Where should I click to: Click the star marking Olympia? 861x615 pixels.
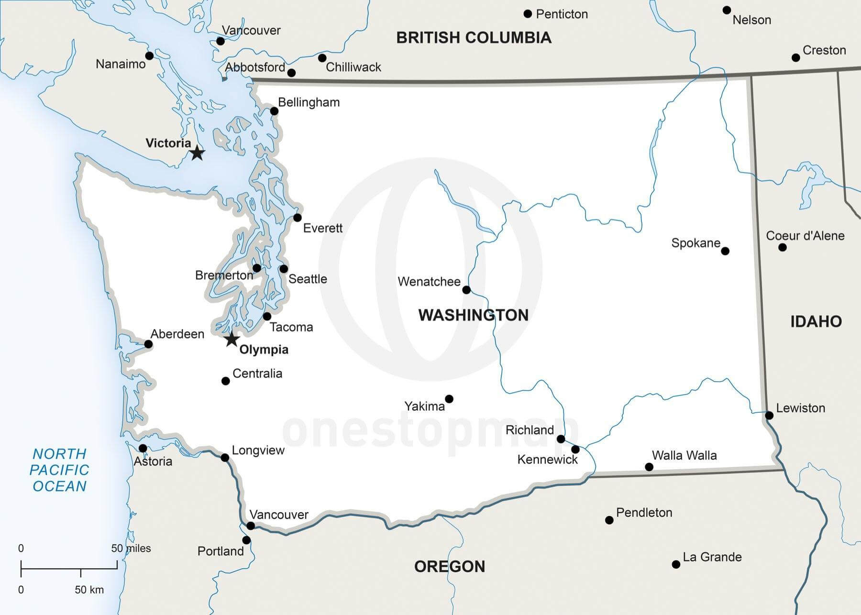[x=232, y=339]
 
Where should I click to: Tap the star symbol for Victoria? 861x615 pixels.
[x=197, y=153]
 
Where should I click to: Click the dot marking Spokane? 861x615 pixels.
[x=725, y=251]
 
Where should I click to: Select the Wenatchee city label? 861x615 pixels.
[x=429, y=282]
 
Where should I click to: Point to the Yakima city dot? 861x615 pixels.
[x=449, y=399]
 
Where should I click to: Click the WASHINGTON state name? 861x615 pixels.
[x=474, y=315]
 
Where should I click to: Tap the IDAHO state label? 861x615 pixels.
[x=816, y=321]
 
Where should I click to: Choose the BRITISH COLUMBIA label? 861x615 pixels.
[x=474, y=38]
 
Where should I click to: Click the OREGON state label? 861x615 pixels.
[x=450, y=567]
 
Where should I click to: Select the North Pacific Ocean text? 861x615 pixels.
[x=59, y=470]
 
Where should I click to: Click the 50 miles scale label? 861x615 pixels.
[x=131, y=549]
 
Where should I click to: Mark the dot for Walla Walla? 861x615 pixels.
[x=649, y=467]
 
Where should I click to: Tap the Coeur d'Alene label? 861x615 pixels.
[x=805, y=236]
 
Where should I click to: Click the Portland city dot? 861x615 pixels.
[x=246, y=540]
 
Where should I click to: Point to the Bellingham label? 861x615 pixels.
[x=309, y=102]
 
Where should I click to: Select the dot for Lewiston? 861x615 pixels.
[x=769, y=415]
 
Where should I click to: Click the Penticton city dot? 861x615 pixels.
[x=528, y=14]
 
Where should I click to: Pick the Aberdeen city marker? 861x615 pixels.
[x=148, y=344]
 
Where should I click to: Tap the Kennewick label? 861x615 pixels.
[x=547, y=460]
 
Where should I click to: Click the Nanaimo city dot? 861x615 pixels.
[x=149, y=56]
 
